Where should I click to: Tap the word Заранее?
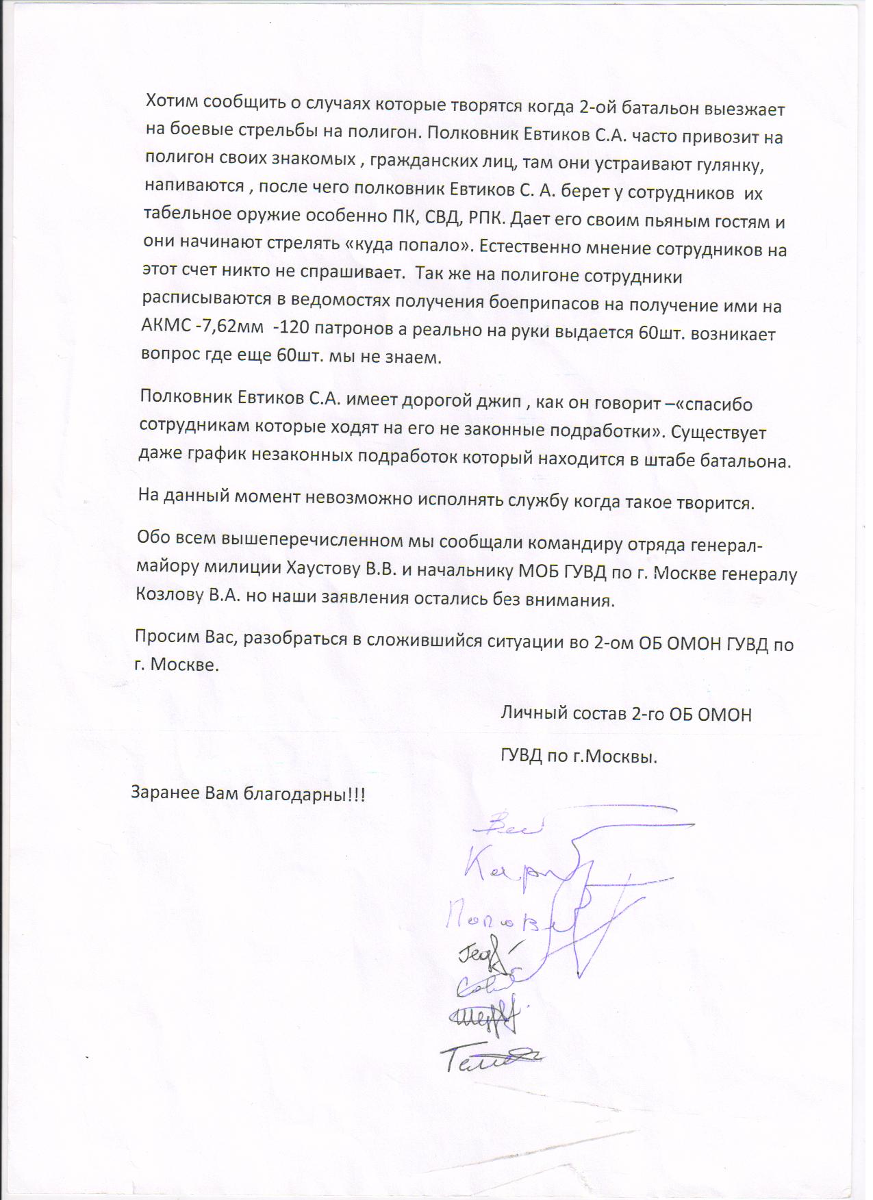tap(163, 794)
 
